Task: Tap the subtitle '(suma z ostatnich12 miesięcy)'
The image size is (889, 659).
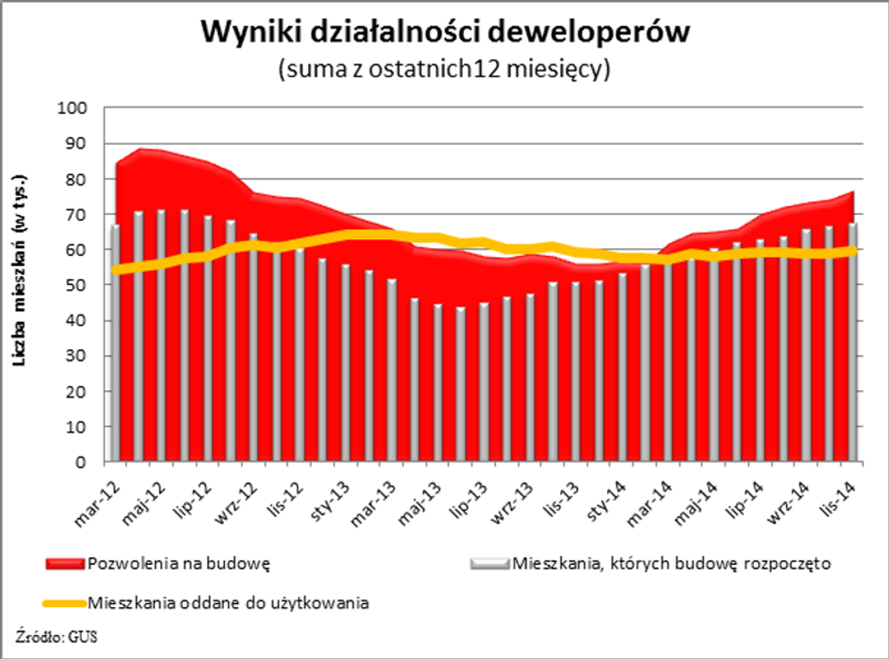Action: coord(444,69)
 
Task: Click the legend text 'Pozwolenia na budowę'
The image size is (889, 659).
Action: coord(179,564)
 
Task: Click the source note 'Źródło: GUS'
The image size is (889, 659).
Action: coord(51,636)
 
